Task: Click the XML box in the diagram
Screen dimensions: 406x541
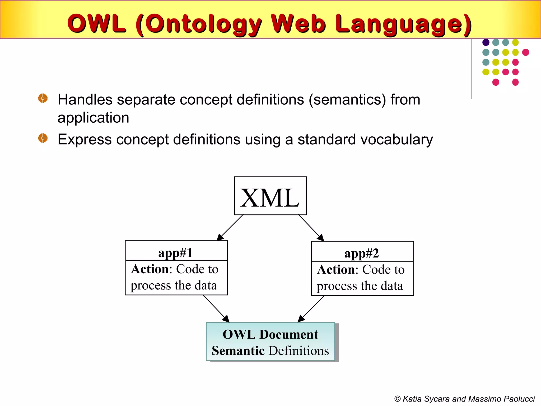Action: [270, 196]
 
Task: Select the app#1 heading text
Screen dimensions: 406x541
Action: [175, 253]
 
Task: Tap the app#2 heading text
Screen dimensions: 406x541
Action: [361, 253]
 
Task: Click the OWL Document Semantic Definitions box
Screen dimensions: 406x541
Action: [270, 342]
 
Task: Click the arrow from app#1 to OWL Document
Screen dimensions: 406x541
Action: [216, 308]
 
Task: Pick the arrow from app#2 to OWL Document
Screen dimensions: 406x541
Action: [311, 309]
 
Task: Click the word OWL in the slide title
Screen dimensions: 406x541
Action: [96, 24]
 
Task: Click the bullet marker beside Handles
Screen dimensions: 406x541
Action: [43, 98]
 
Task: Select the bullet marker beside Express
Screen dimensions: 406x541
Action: [43, 138]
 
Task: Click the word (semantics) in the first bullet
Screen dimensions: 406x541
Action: [347, 100]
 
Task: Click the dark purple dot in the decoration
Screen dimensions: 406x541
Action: [486, 42]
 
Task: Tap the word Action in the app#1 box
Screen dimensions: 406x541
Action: [150, 269]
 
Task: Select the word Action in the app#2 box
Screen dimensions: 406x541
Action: [336, 270]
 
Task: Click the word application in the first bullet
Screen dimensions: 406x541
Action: [93, 118]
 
